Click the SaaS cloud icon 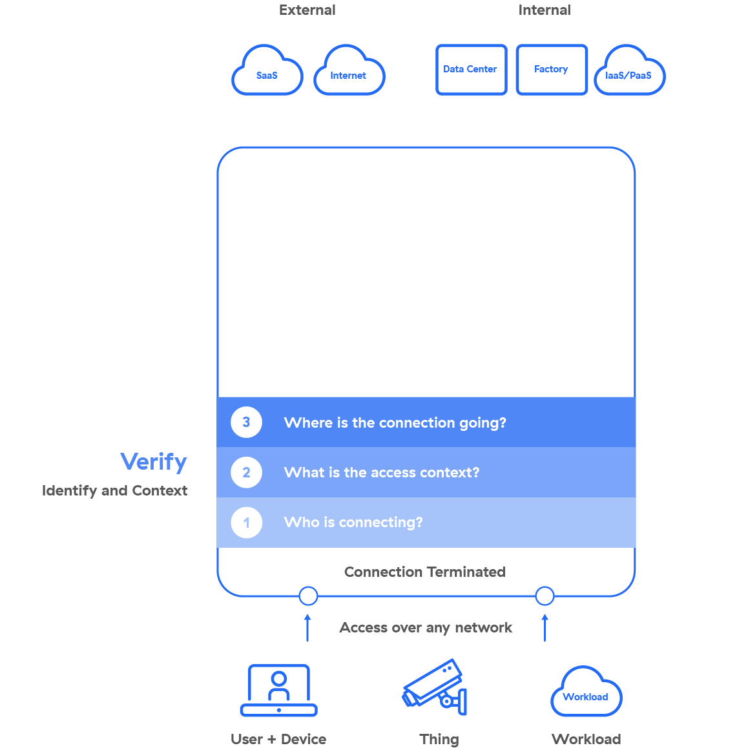coord(267,71)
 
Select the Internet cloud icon coord(349,71)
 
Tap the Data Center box coord(471,70)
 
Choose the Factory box coord(552,70)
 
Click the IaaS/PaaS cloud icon coord(629,71)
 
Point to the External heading coord(307,10)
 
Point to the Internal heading coord(545,10)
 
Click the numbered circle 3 coord(246,422)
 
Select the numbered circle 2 coord(246,472)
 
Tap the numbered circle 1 coord(246,523)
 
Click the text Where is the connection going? coord(395,423)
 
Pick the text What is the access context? coord(382,473)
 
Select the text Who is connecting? coord(353,523)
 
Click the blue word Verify coord(154,462)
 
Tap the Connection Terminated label coord(424,572)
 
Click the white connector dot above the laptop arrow coord(308,596)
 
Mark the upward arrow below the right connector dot coord(545,628)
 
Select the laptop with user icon coord(279,691)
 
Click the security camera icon coord(435,687)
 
